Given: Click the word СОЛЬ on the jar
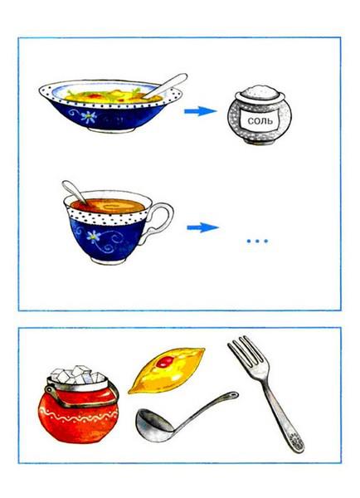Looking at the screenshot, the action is tap(260, 120).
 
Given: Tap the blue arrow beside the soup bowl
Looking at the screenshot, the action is tap(200, 111).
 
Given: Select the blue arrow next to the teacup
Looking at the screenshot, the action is tap(202, 227).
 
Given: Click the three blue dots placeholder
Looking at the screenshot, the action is tap(257, 242).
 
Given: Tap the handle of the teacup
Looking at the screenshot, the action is tap(158, 219).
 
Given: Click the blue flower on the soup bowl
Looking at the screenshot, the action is tap(88, 117).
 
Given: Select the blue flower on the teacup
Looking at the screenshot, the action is tap(93, 237).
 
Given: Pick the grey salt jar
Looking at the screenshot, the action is tap(260, 115).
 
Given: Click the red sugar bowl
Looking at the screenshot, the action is tap(79, 410).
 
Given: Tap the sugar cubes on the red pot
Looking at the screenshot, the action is tap(78, 375).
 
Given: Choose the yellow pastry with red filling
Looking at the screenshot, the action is tap(167, 370).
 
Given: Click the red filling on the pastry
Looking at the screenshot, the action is tap(165, 362).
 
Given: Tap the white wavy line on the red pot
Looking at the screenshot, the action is tap(79, 416).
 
